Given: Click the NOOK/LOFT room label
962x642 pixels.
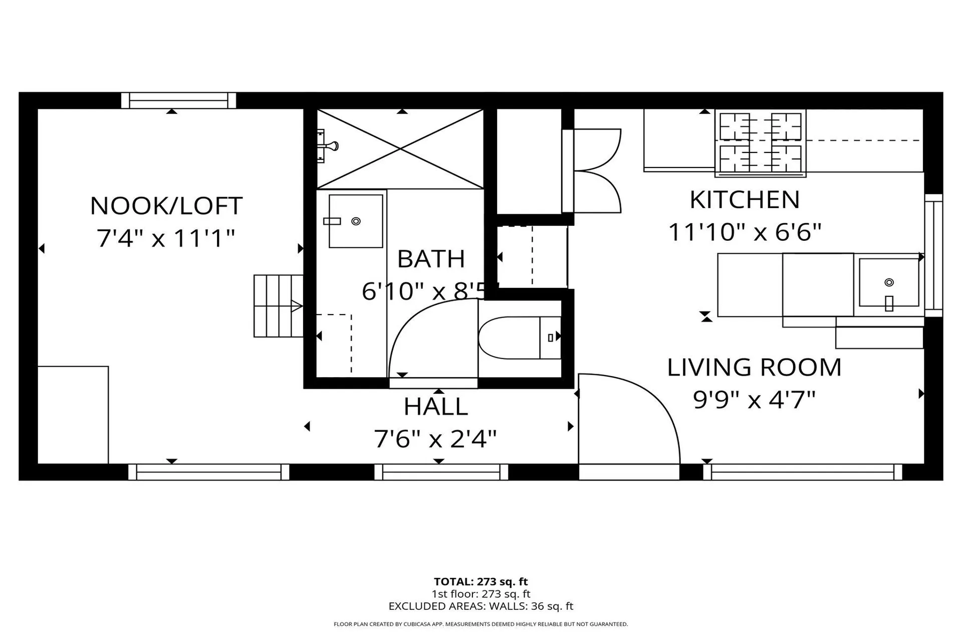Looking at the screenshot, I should point(166,206).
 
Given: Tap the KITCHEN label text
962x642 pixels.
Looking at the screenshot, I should point(745,200).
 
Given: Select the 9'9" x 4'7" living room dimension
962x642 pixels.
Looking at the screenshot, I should point(754,400).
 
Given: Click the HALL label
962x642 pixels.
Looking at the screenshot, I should point(436,407).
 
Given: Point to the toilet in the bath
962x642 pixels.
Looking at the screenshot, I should point(519,338).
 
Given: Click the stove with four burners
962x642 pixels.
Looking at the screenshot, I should point(760,143).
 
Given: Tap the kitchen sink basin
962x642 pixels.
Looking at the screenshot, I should point(888,282).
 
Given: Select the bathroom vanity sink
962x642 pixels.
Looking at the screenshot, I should point(355,221).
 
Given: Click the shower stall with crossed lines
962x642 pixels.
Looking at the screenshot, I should point(400,148).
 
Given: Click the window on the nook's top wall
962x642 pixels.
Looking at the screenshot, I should point(178,100).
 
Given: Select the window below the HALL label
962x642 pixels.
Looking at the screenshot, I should point(441,472).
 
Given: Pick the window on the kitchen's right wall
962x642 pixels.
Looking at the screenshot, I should point(933,255).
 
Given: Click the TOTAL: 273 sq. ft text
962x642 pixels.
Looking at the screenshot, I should point(480,582).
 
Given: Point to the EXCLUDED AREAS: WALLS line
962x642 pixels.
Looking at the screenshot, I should point(480,606).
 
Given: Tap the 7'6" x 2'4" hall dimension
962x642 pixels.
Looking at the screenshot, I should point(435,439).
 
